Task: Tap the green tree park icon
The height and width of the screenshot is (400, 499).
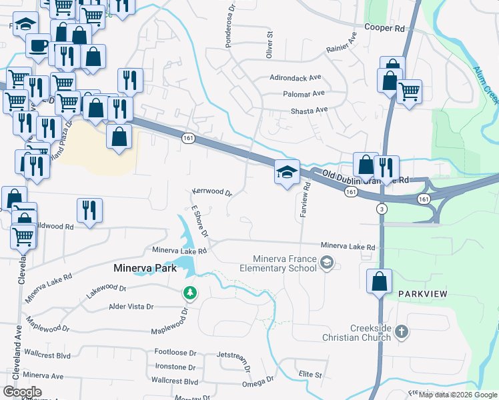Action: coord(190,293)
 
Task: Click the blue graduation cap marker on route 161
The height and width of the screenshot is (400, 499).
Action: coord(287,173)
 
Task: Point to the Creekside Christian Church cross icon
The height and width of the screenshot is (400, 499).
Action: coord(401,331)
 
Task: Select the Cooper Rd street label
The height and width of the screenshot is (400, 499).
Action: coord(384,29)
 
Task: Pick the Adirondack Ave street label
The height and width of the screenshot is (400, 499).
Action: coord(296,77)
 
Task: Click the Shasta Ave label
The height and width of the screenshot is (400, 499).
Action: coord(310,110)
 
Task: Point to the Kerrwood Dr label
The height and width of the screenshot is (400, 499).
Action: coord(211,192)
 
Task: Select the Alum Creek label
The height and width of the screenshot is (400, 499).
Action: coord(486,84)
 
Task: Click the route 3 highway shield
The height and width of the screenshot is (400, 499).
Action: coord(381,209)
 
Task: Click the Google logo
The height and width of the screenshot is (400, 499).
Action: coord(22,391)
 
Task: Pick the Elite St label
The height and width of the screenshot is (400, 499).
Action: coord(310,375)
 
